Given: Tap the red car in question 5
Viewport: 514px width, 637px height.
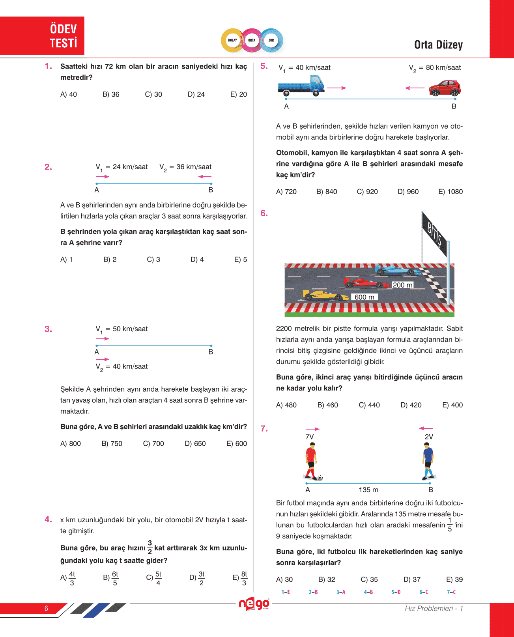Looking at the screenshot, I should point(445,88).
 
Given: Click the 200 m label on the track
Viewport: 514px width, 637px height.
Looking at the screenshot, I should point(402,285).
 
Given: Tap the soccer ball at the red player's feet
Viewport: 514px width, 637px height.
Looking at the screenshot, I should point(320,478).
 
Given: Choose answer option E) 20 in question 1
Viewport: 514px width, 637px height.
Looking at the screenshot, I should point(239,95).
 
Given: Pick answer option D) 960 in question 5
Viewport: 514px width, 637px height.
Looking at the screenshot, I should point(408,192).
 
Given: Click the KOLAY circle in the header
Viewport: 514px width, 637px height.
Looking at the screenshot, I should point(232,40).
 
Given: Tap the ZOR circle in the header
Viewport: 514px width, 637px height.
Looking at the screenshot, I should point(271,40).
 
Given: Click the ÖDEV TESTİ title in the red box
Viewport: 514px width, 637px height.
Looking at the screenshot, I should point(63,36).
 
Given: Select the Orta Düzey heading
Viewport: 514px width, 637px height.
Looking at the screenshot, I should point(438,45).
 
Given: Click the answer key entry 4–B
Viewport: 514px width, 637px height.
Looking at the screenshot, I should point(368,592).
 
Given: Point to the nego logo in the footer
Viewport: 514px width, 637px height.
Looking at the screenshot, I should point(254,604).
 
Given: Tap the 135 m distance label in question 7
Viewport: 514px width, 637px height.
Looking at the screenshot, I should point(368,490).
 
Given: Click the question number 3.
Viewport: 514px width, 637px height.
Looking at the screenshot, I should point(48,329).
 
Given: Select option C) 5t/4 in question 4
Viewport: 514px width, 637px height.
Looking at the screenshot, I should point(154,578).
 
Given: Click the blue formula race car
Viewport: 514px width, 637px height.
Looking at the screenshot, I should point(398,270).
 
